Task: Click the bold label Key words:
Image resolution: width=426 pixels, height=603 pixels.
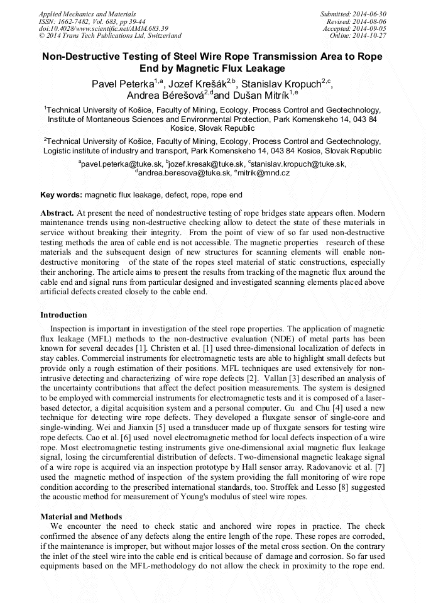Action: (x=61, y=196)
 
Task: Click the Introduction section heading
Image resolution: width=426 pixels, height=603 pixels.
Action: (x=63, y=315)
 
